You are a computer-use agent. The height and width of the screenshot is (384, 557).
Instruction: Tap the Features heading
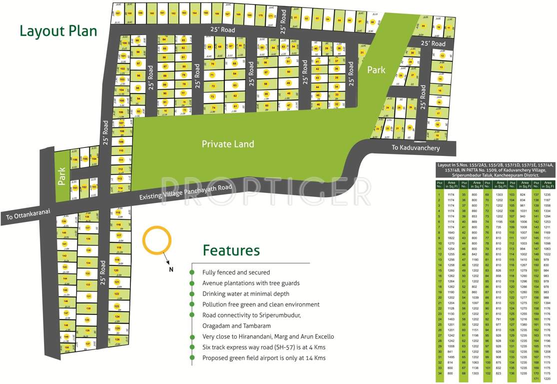pos(231,250)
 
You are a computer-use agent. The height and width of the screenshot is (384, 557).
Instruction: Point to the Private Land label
pos(228,144)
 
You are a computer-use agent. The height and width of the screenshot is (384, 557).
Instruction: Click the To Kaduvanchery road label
pos(416,148)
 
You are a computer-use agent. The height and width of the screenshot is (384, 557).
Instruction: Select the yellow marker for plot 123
pos(117,306)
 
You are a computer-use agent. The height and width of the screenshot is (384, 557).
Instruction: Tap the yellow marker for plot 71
pos(212,75)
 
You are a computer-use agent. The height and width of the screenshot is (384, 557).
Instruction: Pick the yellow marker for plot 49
pos(288,83)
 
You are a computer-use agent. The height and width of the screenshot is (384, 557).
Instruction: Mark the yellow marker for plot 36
pos(337,69)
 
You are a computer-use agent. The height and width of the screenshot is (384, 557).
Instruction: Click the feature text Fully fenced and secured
pos(236,272)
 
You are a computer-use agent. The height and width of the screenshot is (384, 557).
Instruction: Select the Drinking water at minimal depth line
pos(245,293)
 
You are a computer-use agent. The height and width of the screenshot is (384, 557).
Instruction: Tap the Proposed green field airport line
pos(264,357)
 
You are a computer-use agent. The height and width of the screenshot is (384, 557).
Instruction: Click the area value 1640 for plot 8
pos(451,232)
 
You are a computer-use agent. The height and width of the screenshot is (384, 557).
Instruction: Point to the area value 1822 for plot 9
pos(451,238)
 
